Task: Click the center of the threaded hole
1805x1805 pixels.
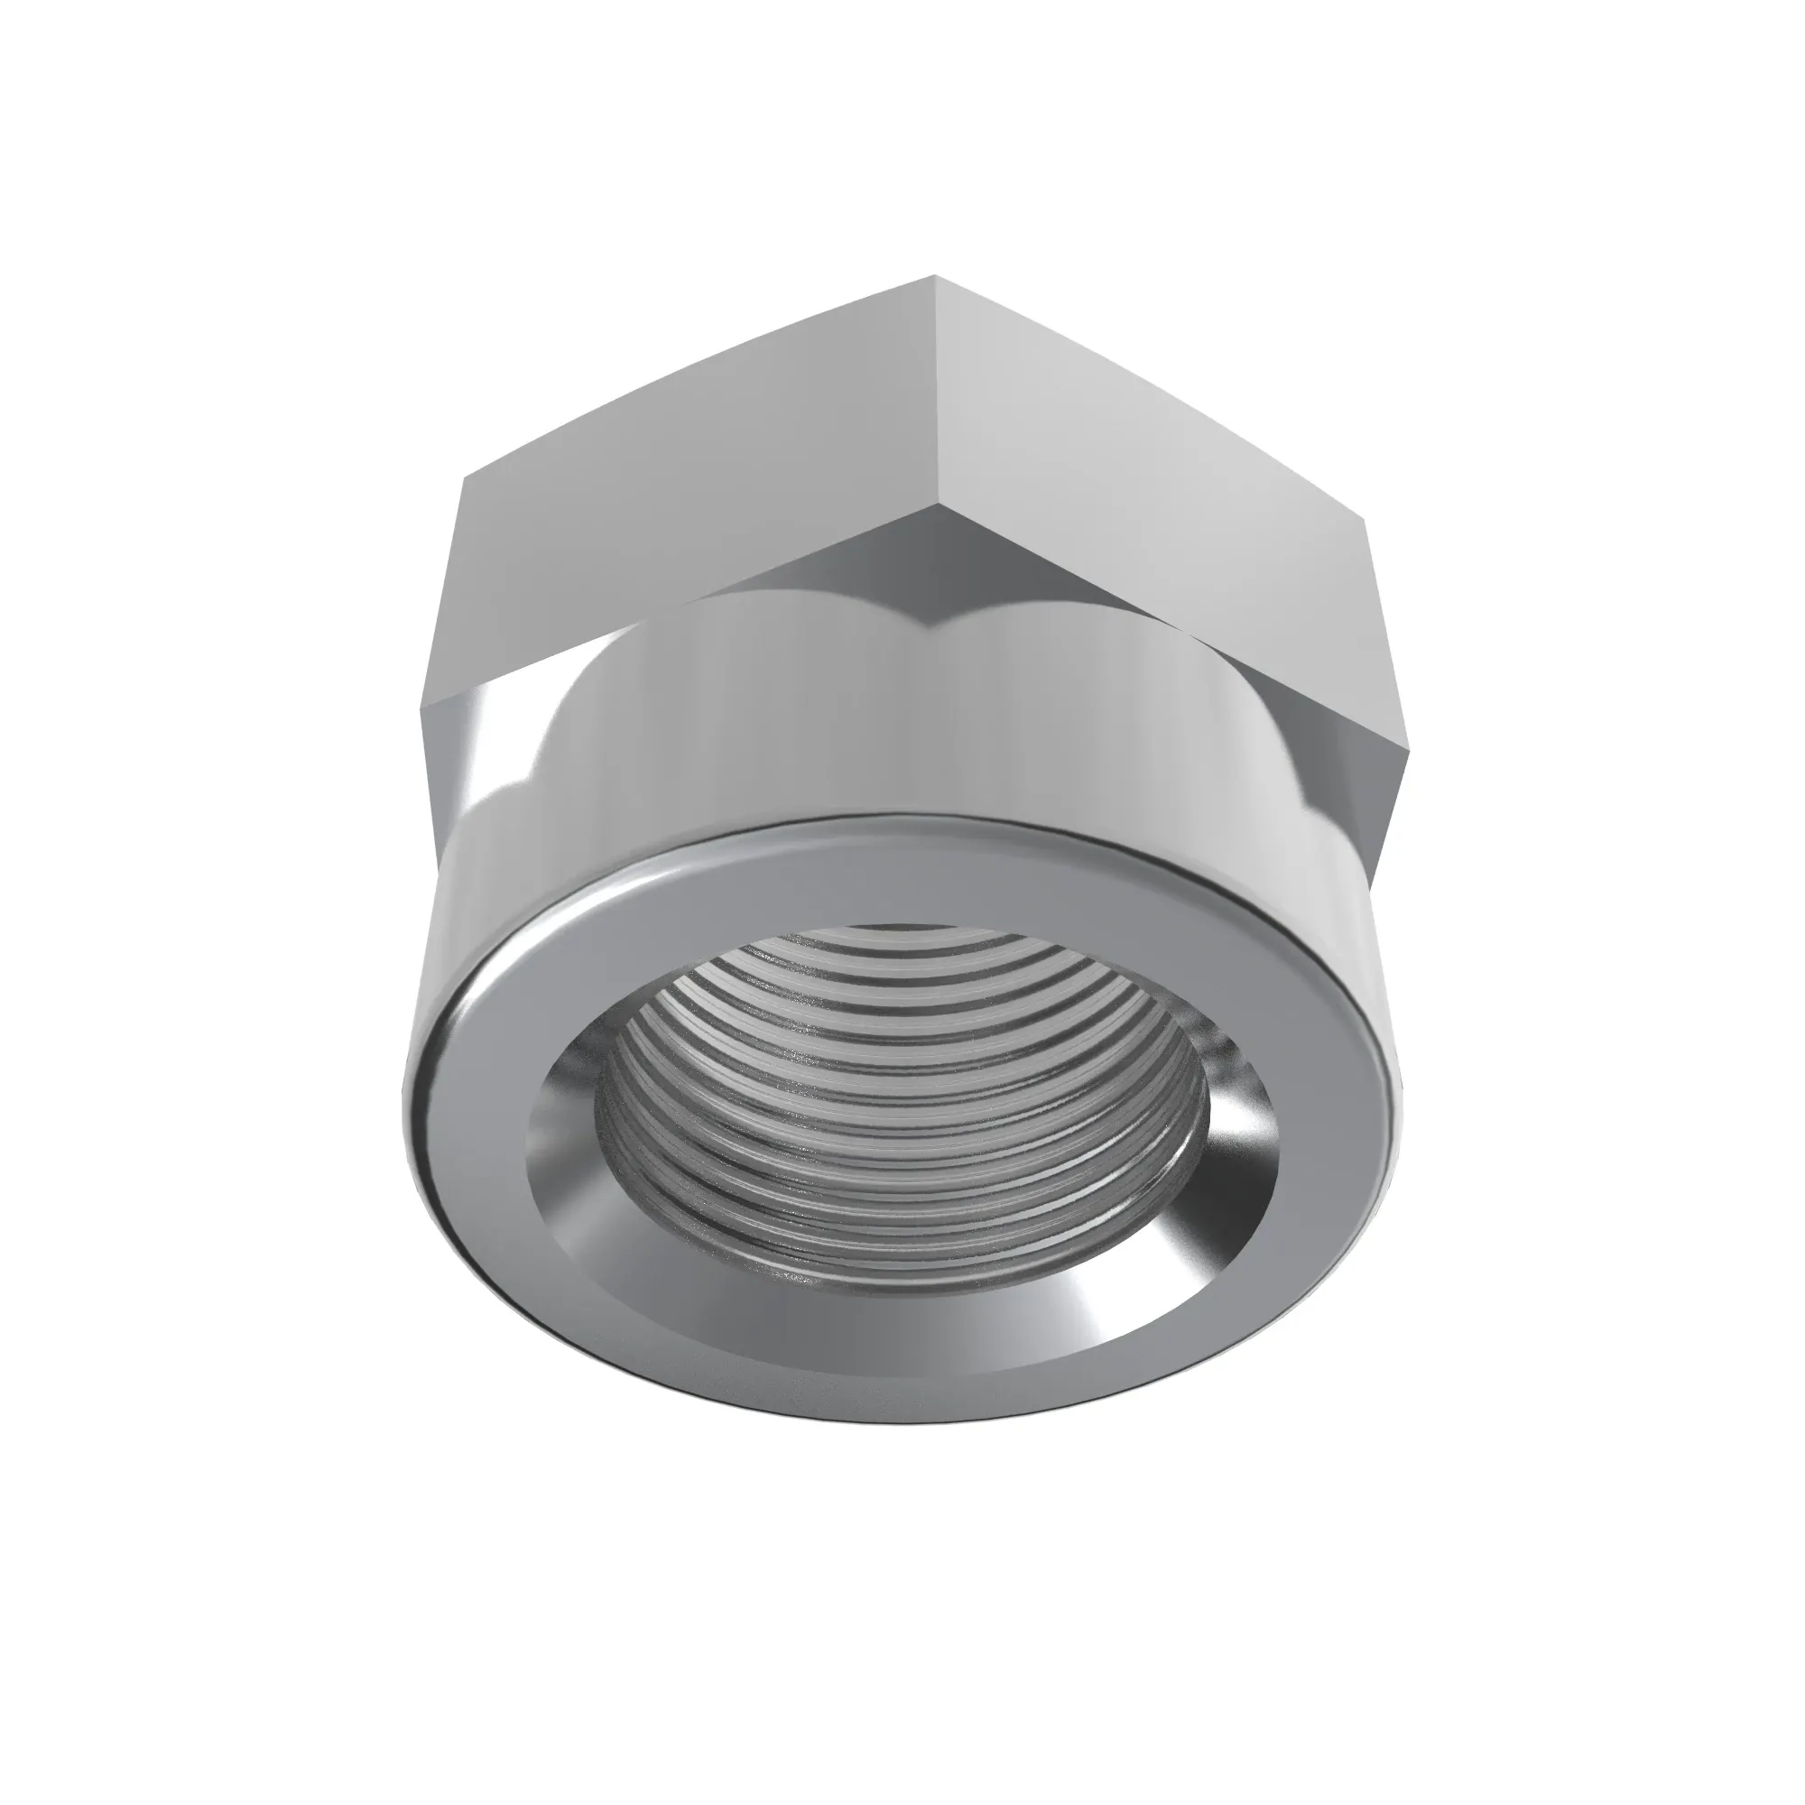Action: click(x=897, y=1103)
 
